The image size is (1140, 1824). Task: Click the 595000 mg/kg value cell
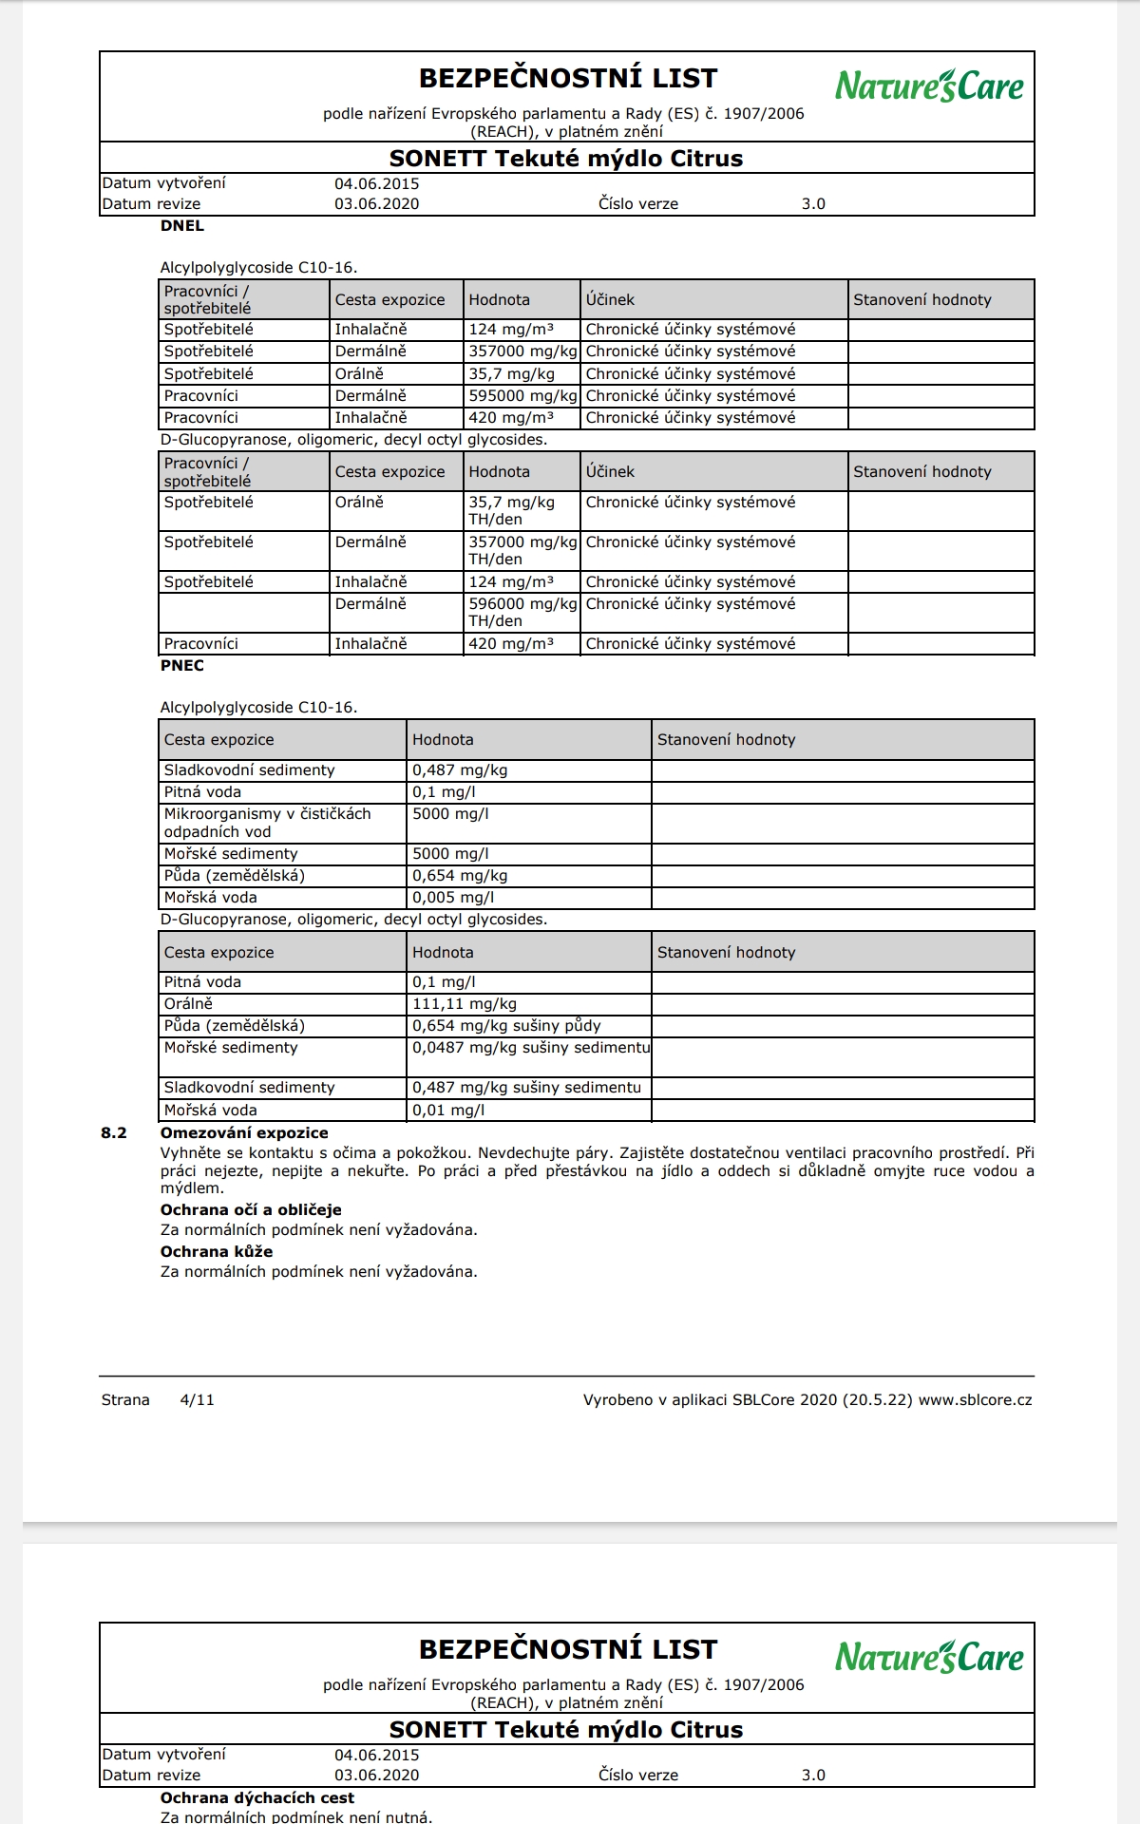coord(522,395)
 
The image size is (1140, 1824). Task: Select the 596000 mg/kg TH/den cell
coord(522,612)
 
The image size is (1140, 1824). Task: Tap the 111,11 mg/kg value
coord(465,1003)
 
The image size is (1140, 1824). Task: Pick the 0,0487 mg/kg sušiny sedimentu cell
coord(530,1047)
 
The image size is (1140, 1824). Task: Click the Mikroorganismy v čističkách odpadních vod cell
coord(267,822)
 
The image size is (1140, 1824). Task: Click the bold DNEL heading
coord(182,226)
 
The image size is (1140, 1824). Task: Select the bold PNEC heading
coord(182,665)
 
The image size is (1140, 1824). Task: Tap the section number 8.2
coord(114,1132)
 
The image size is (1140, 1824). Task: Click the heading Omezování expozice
coord(244,1132)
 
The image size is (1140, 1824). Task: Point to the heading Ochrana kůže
coord(217,1251)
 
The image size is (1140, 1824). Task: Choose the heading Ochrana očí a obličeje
coord(251,1209)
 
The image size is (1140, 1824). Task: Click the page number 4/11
coord(197,1399)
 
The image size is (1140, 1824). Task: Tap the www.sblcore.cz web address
coord(975,1399)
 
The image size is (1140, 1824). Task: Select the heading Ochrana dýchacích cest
coord(257,1797)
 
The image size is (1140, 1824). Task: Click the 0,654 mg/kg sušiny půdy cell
coord(506,1025)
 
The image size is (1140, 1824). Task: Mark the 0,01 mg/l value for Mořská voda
coord(448,1110)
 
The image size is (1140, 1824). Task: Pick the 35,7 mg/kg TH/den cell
coord(511,510)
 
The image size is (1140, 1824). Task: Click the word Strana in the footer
coord(125,1399)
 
